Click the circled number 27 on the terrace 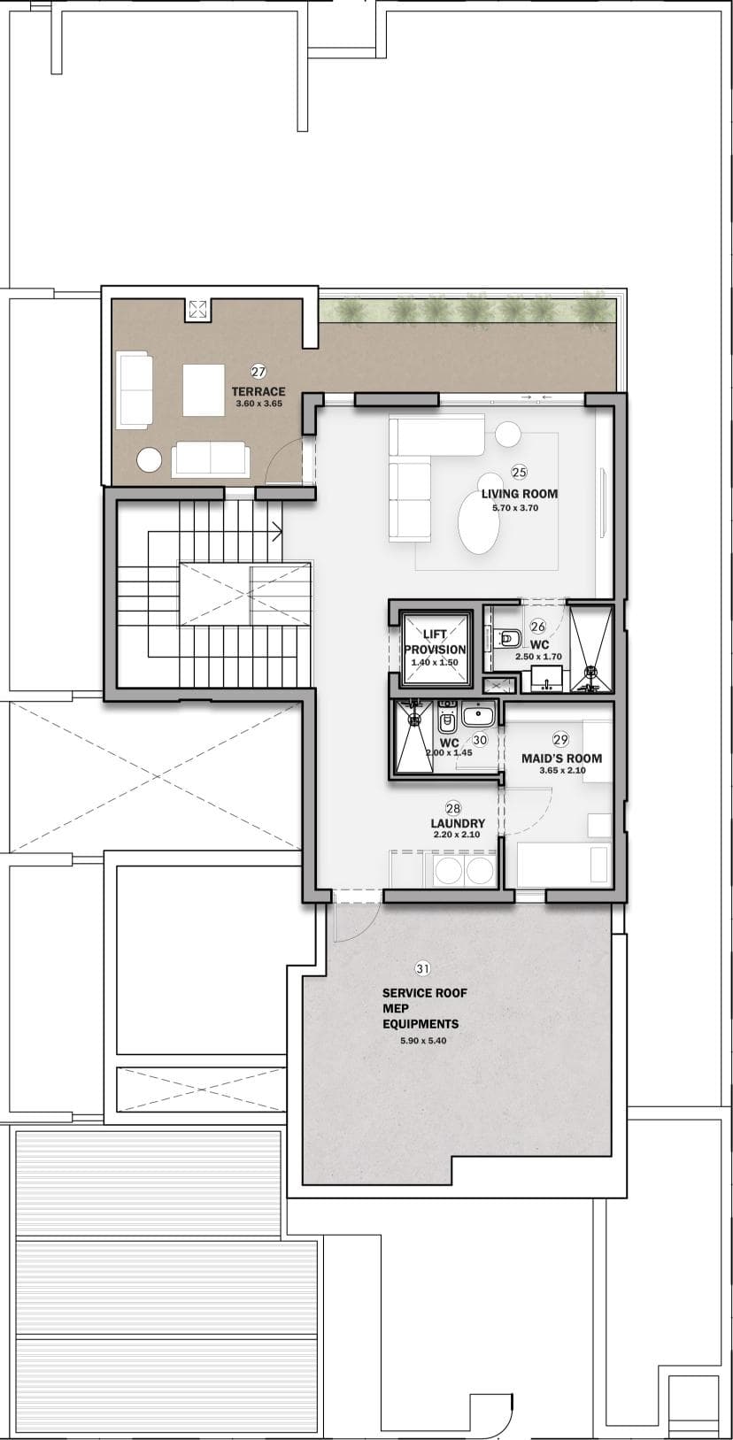point(258,372)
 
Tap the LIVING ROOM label point(520,494)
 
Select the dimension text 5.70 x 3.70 point(515,508)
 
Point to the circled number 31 point(422,968)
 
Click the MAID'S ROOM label point(562,758)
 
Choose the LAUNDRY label point(458,823)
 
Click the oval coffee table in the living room point(478,523)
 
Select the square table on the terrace point(204,390)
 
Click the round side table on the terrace point(150,460)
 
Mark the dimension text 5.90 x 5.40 point(423,1040)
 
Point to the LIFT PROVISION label point(435,642)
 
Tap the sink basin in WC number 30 point(477,713)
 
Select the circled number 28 point(453,808)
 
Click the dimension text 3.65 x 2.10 point(563,770)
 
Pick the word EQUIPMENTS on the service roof point(421,1023)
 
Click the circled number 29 point(560,739)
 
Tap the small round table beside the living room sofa point(508,434)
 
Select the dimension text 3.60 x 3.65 point(259,404)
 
